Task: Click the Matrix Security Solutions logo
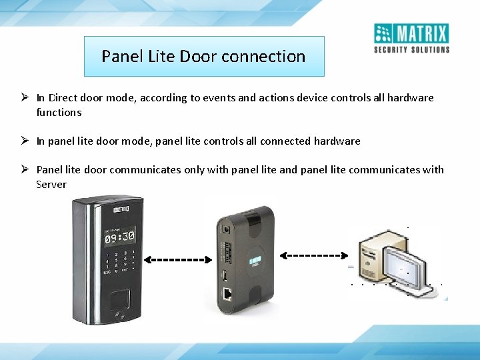pos(411,38)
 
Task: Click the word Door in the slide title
pos(198,57)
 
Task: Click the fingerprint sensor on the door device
pos(121,299)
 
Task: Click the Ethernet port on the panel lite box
pos(227,294)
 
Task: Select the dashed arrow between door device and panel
pos(175,259)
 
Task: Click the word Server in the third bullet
pos(51,184)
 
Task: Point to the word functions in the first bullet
pos(59,112)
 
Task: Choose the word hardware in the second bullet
pos(336,141)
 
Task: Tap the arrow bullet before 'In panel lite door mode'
pos(23,141)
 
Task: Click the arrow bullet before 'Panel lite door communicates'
pos(23,169)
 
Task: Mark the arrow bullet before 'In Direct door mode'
pos(23,98)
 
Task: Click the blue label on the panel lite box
pos(253,261)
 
